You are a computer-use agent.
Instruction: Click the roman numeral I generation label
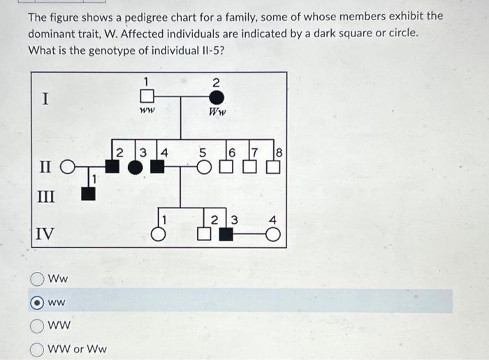click(45, 99)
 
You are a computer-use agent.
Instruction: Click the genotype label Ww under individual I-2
click(218, 111)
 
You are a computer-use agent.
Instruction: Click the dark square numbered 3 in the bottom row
click(226, 234)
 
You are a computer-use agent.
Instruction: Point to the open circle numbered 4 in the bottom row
click(274, 235)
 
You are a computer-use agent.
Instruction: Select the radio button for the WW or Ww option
click(38, 347)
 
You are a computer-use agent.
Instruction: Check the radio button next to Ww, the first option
click(38, 279)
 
